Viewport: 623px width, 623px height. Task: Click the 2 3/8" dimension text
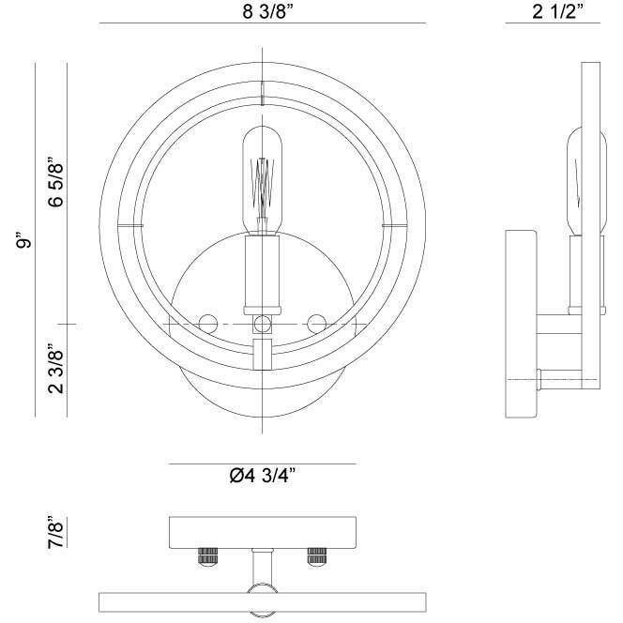(x=55, y=371)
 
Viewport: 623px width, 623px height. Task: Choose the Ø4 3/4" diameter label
(x=263, y=476)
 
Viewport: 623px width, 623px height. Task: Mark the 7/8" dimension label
(x=55, y=532)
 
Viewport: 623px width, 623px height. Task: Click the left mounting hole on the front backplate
(x=206, y=323)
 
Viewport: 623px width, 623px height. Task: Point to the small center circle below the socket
(x=263, y=324)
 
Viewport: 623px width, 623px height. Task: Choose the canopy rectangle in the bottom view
(x=262, y=533)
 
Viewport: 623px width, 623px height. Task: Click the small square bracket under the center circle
(x=263, y=355)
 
